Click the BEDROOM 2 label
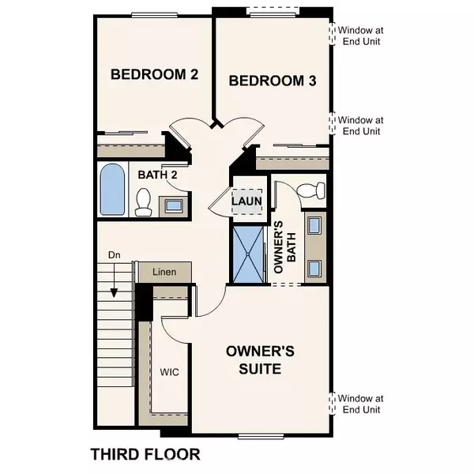(153, 75)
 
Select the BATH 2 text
(157, 175)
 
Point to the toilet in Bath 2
(143, 204)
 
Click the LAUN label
(246, 201)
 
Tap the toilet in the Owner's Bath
(314, 190)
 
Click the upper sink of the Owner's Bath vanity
(314, 226)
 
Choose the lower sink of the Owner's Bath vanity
(314, 267)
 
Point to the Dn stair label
(114, 255)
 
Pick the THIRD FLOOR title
(145, 454)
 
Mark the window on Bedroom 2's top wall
(153, 14)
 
